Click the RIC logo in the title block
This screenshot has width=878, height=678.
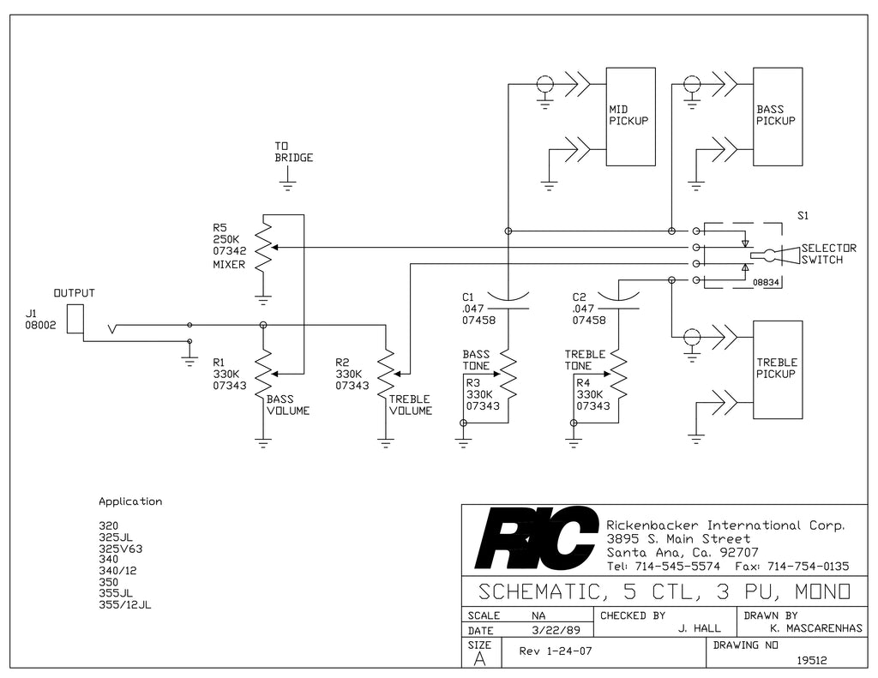click(x=535, y=538)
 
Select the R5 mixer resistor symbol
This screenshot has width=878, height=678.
click(x=263, y=247)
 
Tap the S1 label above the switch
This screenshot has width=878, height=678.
click(x=803, y=215)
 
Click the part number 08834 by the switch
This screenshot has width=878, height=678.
click(x=766, y=283)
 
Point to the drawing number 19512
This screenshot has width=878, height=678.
click(x=812, y=661)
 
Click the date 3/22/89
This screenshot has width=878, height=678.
click(x=556, y=630)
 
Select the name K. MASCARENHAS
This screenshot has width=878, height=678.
click(x=816, y=629)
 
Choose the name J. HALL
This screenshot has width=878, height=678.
click(x=699, y=629)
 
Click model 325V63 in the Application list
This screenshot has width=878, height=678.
click(x=120, y=549)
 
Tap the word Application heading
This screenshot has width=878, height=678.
click(x=130, y=501)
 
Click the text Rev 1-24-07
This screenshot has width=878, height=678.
click(x=555, y=651)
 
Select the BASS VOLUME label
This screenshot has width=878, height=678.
click(x=288, y=405)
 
